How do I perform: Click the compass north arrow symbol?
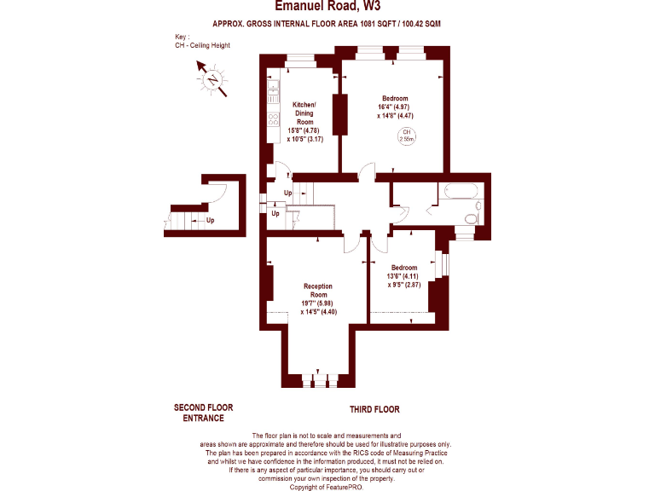pyautogui.click(x=211, y=82)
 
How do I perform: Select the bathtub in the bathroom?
pyautogui.click(x=461, y=193)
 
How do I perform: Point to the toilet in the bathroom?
pyautogui.click(x=468, y=221)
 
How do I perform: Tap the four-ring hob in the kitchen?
pyautogui.click(x=274, y=119)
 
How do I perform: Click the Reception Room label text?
pyautogui.click(x=316, y=291)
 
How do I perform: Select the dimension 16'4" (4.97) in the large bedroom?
pyautogui.click(x=395, y=107)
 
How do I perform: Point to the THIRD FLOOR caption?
pyautogui.click(x=374, y=410)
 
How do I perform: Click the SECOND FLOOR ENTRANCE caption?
pyautogui.click(x=203, y=413)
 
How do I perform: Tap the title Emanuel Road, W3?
pyautogui.click(x=327, y=7)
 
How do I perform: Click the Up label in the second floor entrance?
pyautogui.click(x=210, y=221)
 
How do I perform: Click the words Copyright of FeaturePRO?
pyautogui.click(x=327, y=487)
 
